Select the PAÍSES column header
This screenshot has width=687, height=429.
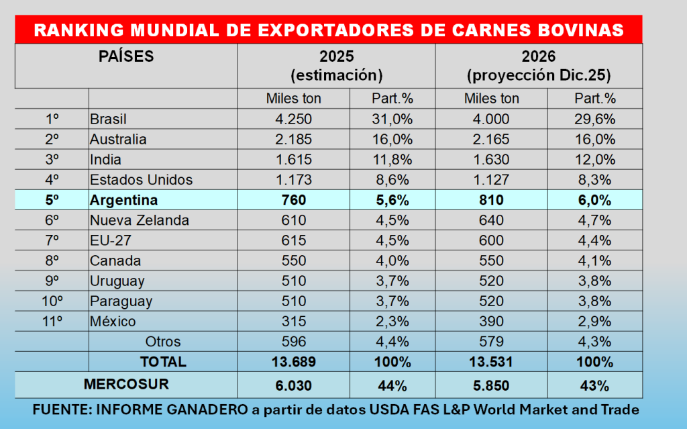[126, 56]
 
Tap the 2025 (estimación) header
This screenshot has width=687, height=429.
[336, 65]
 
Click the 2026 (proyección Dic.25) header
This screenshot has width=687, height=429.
[539, 65]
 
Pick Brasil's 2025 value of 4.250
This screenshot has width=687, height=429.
[293, 119]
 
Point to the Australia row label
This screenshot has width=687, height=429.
[118, 140]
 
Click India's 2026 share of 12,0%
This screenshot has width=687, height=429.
[594, 160]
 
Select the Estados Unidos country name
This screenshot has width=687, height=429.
[142, 180]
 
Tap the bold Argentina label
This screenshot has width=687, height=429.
[124, 200]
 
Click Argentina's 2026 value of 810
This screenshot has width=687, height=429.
[492, 200]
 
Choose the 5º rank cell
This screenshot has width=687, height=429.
[52, 200]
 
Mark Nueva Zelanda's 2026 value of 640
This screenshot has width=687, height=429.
[492, 220]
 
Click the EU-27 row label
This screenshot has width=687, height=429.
[109, 240]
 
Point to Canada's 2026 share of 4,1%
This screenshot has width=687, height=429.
[594, 260]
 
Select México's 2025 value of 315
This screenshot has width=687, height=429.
[293, 322]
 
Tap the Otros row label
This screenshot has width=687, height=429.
[163, 342]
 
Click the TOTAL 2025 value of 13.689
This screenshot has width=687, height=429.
[293, 362]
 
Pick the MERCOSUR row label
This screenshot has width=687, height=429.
[126, 385]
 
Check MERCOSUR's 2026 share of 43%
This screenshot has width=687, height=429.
[594, 385]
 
